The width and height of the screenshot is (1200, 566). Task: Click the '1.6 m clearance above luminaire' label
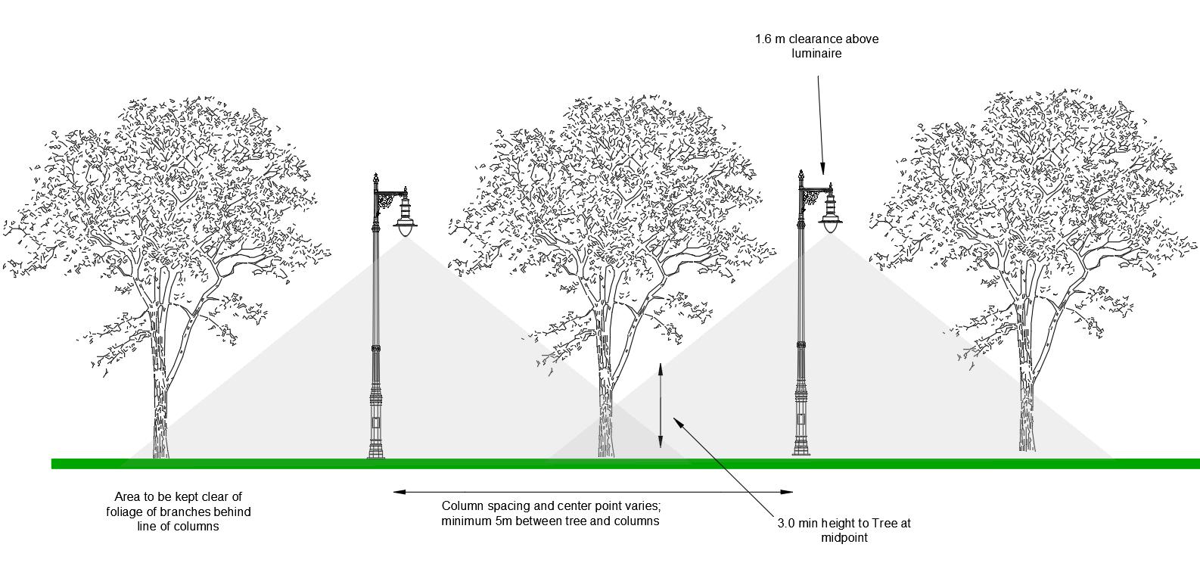click(x=816, y=45)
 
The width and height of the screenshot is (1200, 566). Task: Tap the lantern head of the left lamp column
click(x=406, y=219)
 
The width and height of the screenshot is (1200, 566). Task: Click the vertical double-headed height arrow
click(x=661, y=406)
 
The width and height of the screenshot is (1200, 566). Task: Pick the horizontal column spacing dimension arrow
click(x=593, y=493)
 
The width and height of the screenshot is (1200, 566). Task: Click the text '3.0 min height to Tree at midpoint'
click(x=844, y=530)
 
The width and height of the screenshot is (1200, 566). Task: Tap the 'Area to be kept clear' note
click(x=179, y=512)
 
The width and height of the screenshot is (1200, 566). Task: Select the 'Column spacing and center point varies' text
click(x=551, y=513)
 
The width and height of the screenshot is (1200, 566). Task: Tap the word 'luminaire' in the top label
click(x=816, y=54)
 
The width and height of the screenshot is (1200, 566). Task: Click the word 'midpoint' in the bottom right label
click(x=844, y=539)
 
